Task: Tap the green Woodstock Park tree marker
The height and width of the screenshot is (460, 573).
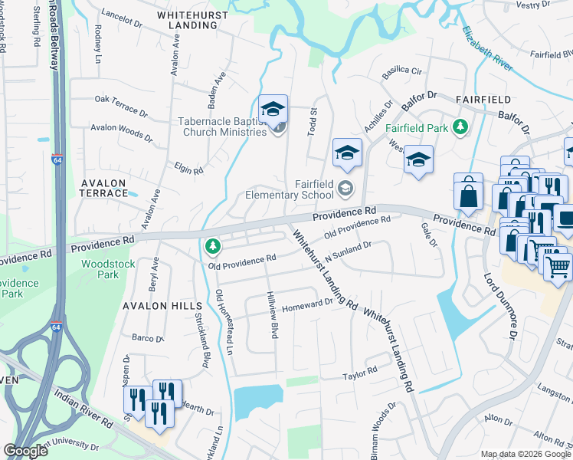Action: pyautogui.click(x=213, y=246)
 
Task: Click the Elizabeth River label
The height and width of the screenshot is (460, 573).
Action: pyautogui.click(x=487, y=49)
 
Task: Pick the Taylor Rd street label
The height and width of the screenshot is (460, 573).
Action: pyautogui.click(x=360, y=375)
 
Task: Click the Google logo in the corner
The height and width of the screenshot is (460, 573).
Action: pyautogui.click(x=25, y=451)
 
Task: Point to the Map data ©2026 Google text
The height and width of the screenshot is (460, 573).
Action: pyautogui.click(x=526, y=454)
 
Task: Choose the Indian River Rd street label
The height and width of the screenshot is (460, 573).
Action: pyautogui.click(x=84, y=412)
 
